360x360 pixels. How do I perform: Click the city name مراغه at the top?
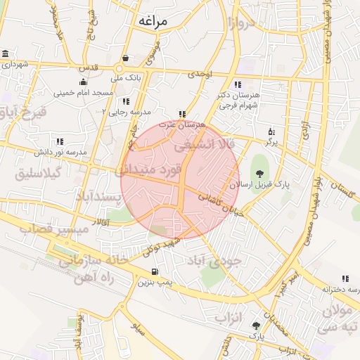point(153,21)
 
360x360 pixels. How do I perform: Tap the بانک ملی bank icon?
point(125,58)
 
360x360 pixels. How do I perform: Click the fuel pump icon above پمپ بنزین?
point(154,272)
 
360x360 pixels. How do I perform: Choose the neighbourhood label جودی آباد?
point(214,261)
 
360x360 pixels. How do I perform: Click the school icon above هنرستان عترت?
point(182,113)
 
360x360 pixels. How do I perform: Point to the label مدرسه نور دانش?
point(60,152)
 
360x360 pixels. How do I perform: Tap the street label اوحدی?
point(200,73)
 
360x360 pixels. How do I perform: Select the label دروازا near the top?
point(240,25)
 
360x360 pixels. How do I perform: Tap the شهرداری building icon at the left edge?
point(6,54)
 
